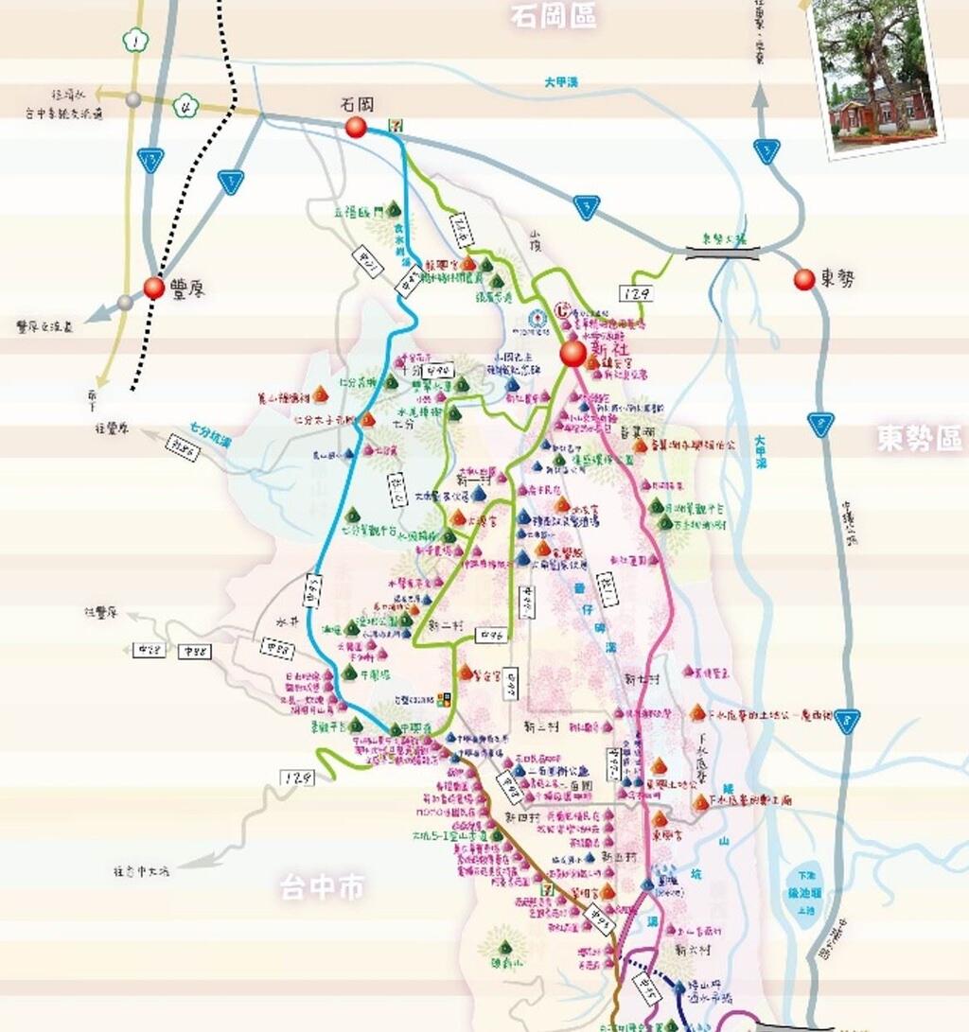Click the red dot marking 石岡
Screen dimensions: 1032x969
[x=356, y=128]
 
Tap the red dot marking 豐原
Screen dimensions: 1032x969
[x=153, y=289]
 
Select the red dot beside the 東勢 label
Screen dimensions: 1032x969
[x=804, y=279]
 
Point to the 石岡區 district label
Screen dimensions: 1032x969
[x=553, y=16]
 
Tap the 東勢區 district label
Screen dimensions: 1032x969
[x=918, y=438]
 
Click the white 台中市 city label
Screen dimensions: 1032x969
[x=322, y=887]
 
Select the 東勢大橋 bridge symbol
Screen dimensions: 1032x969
[x=724, y=251]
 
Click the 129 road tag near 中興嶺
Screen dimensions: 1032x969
[x=296, y=777]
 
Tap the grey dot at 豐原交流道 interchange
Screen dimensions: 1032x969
[x=125, y=302]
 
